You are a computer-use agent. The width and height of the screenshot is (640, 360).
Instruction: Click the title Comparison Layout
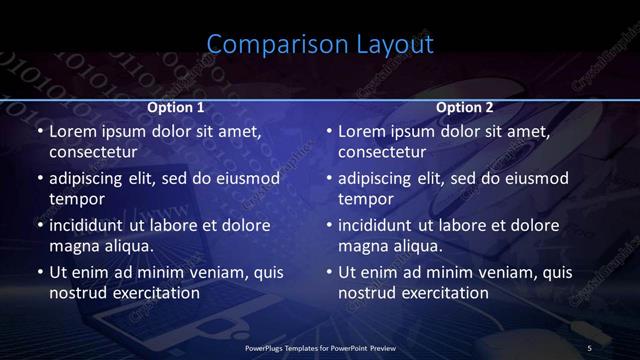coord(320,44)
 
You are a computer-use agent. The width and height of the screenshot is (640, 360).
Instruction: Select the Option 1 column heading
coord(176,107)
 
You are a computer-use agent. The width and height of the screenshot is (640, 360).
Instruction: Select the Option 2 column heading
coord(465,107)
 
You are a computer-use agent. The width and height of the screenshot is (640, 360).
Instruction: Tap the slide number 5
coord(590,347)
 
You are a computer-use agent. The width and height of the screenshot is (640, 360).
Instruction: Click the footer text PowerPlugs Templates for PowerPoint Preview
coord(320,347)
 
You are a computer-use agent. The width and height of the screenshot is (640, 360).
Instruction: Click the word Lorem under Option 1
coord(71,131)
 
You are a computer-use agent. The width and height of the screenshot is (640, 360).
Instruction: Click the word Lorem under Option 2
coord(361,131)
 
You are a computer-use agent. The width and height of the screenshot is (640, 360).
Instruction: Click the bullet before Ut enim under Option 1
coord(38,272)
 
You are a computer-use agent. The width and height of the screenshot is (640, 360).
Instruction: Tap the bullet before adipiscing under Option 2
coord(328,178)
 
